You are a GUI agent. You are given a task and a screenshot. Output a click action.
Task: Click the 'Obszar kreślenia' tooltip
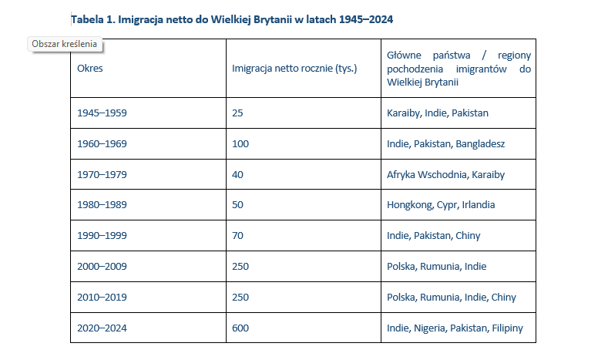coord(65,44)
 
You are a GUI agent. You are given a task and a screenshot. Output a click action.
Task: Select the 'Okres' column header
coord(90,68)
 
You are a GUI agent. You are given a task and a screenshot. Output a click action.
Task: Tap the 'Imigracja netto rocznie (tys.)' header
coord(294,68)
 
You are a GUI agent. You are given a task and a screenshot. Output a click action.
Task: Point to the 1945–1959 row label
coord(102,113)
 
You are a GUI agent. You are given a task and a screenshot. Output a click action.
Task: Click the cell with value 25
coord(237,113)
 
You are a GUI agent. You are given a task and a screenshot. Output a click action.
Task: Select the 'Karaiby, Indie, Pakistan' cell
coord(438,113)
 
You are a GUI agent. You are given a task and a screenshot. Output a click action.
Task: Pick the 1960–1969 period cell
coord(102,144)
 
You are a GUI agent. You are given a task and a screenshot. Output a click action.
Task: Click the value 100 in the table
coord(240,144)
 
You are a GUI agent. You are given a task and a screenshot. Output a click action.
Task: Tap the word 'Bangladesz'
coord(481,144)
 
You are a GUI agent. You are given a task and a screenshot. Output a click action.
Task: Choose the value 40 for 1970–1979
coord(237,175)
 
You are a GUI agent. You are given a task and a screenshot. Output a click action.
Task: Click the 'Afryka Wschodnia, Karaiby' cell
coord(445,175)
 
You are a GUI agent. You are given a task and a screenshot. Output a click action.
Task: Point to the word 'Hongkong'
coord(409,205)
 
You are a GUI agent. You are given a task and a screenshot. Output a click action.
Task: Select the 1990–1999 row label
coord(102,236)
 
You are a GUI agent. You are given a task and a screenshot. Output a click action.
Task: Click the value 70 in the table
coord(237,236)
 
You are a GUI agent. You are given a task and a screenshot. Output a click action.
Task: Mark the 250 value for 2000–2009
coord(240,267)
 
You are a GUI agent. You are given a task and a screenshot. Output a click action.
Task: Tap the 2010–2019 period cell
coord(102,298)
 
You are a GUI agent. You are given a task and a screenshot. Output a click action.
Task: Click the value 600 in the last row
coord(240,328)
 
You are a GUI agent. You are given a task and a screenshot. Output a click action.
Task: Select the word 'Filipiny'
coord(506,328)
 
